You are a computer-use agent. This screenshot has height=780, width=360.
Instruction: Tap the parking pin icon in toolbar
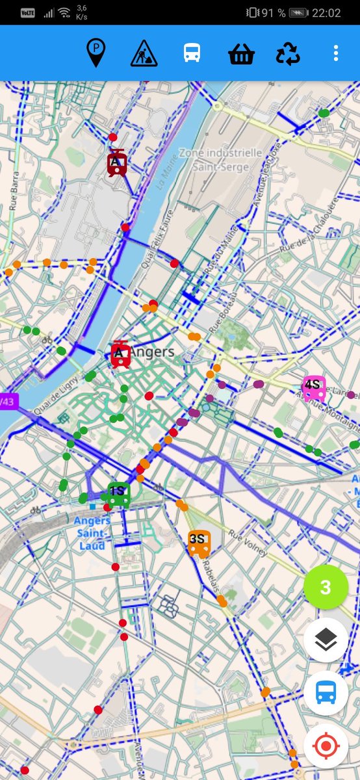tap(96, 53)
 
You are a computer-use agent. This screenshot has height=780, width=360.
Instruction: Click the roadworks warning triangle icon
tap(144, 53)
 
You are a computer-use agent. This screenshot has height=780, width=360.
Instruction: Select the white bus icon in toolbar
tap(192, 53)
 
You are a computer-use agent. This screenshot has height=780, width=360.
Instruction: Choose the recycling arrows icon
tap(288, 53)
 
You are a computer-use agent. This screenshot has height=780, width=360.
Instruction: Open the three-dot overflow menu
tap(335, 53)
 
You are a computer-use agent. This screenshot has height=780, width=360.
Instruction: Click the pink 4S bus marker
tap(315, 388)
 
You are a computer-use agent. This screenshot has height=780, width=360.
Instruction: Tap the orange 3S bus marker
tap(199, 543)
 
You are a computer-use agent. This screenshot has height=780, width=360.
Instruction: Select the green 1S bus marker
tap(118, 495)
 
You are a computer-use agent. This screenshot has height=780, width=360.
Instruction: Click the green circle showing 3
tap(326, 588)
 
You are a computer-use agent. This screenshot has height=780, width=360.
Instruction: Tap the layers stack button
tap(326, 640)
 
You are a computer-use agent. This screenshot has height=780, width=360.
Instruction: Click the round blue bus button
tap(326, 694)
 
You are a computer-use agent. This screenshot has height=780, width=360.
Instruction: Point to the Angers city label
tap(152, 352)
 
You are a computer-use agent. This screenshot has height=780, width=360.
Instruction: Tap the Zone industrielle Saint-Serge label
tap(221, 159)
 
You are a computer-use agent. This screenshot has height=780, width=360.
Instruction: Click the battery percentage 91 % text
tap(272, 13)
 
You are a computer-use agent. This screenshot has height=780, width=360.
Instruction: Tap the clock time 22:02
tap(326, 13)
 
